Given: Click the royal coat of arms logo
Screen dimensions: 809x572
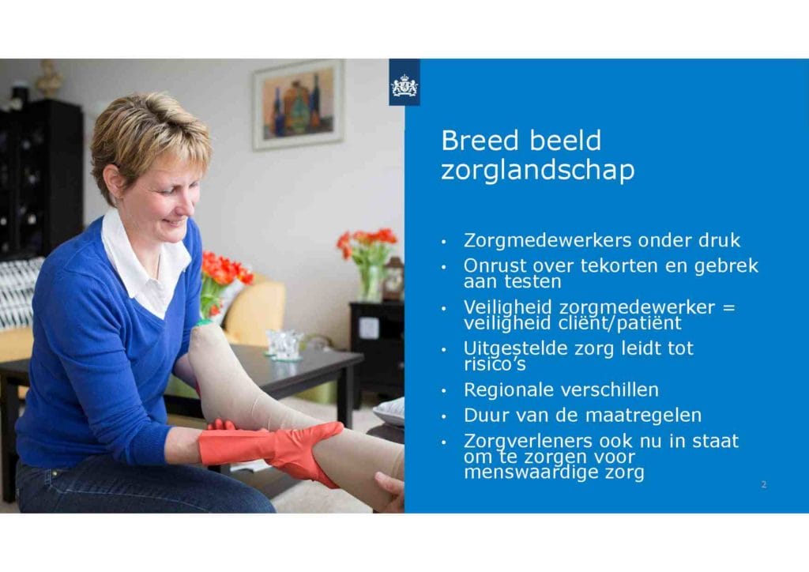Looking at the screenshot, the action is pyautogui.click(x=404, y=85).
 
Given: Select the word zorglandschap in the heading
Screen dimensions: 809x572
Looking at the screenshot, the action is pyautogui.click(x=537, y=170).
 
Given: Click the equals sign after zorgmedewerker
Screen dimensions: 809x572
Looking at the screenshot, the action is pyautogui.click(x=728, y=307).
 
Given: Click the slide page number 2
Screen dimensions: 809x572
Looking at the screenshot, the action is pyautogui.click(x=764, y=484).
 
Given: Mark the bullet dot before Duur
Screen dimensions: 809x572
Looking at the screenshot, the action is pyautogui.click(x=444, y=416).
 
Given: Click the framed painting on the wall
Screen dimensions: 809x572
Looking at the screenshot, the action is pyautogui.click(x=298, y=105).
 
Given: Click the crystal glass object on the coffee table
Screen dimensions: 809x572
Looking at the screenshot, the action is pyautogui.click(x=284, y=344).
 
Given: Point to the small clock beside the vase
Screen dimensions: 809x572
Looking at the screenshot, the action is pyautogui.click(x=393, y=279).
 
